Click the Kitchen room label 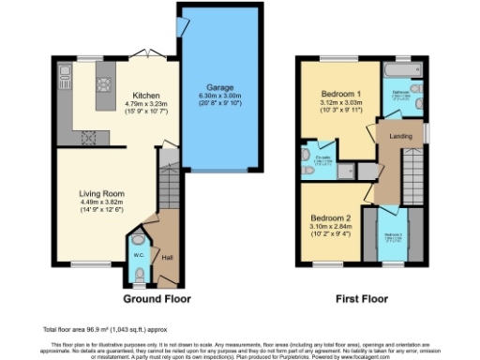(145, 96)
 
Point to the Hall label (167, 257)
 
